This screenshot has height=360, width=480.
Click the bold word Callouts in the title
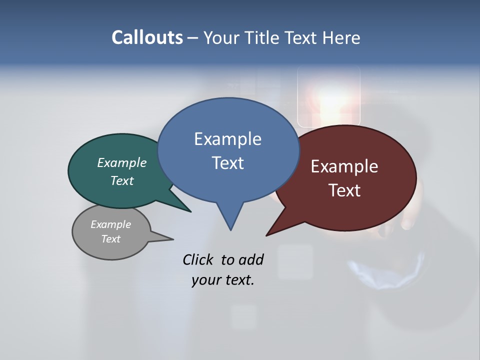[147, 37]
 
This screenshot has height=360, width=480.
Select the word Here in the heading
[341, 37]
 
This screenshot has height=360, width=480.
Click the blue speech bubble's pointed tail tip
[230, 229]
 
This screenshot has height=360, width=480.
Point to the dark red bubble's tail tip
[267, 235]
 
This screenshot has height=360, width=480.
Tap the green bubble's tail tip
[190, 211]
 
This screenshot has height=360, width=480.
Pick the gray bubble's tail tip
[173, 239]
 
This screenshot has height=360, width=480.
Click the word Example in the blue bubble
[227, 139]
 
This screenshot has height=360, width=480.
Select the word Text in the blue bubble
[227, 163]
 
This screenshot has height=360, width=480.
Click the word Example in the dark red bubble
[344, 166]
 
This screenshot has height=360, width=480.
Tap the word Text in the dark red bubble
[344, 190]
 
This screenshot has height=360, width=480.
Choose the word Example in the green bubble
[122, 163]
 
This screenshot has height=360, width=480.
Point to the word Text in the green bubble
[122, 180]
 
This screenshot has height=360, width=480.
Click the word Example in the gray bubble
[110, 224]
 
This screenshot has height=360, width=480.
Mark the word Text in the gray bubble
[110, 239]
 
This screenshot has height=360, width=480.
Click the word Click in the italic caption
[198, 259]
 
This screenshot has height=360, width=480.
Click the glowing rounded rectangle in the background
[328, 96]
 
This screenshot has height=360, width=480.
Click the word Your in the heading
[220, 37]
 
